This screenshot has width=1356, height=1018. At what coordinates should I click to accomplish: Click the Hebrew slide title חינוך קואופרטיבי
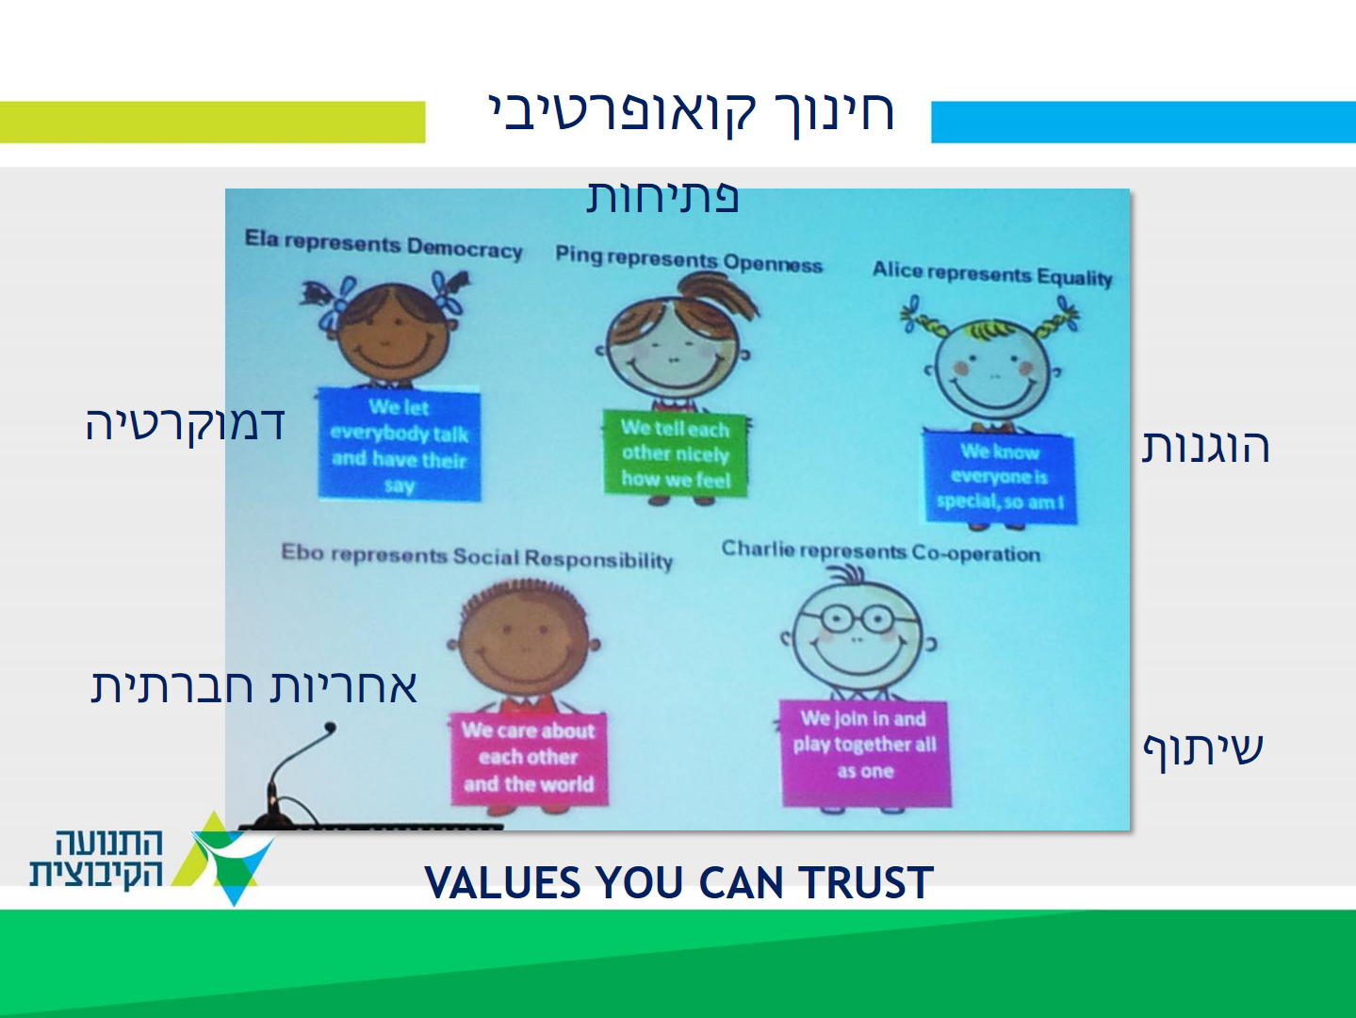[x=691, y=113]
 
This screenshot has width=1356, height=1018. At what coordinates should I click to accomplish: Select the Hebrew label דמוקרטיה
[x=185, y=425]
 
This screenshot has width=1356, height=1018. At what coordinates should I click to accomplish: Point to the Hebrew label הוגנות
[x=1205, y=447]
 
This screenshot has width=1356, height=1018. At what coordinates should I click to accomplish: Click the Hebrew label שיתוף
[x=1203, y=750]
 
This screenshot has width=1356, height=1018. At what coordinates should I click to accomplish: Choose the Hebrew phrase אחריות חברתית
[x=253, y=687]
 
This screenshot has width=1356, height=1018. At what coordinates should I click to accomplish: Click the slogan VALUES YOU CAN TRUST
[x=678, y=882]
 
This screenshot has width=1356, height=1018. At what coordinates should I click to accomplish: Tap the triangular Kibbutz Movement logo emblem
[x=223, y=860]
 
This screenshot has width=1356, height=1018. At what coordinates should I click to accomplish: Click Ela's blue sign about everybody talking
[x=400, y=444]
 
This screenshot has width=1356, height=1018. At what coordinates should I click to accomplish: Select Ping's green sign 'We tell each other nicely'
[x=676, y=453]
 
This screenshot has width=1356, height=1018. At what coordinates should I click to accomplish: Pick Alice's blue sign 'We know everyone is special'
[x=1000, y=477]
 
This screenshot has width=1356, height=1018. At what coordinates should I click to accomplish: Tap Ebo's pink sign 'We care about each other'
[x=529, y=758]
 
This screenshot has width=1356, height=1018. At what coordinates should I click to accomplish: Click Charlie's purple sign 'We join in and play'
[x=865, y=753]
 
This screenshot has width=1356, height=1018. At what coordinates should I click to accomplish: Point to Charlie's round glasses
[x=857, y=617]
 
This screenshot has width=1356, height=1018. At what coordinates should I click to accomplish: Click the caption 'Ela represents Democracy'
[x=384, y=245]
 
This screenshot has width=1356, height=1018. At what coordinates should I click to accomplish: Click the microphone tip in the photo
[x=331, y=728]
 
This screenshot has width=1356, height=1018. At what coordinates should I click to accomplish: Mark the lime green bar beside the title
[x=213, y=123]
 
